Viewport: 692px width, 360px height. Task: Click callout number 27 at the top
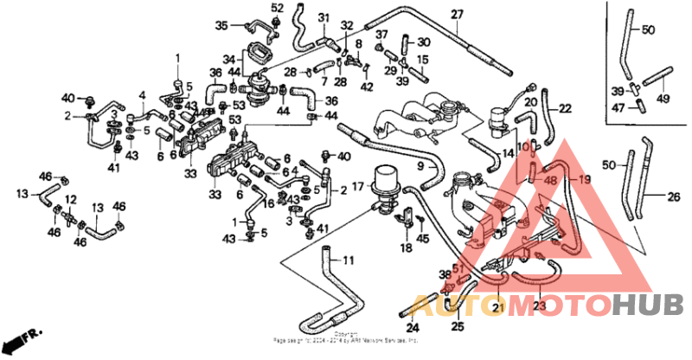click(457, 14)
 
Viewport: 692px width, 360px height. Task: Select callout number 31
click(324, 18)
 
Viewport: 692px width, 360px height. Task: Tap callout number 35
click(221, 25)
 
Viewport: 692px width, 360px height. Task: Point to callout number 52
click(277, 8)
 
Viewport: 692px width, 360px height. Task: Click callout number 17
click(356, 186)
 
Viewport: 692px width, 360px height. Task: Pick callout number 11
click(348, 260)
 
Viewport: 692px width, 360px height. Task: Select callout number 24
click(413, 327)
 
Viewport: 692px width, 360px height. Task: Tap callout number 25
click(458, 326)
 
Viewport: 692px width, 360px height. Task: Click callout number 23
click(539, 305)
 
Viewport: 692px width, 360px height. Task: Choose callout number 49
click(663, 98)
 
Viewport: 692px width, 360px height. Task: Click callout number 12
click(70, 199)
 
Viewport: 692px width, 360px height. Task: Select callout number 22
click(565, 109)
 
